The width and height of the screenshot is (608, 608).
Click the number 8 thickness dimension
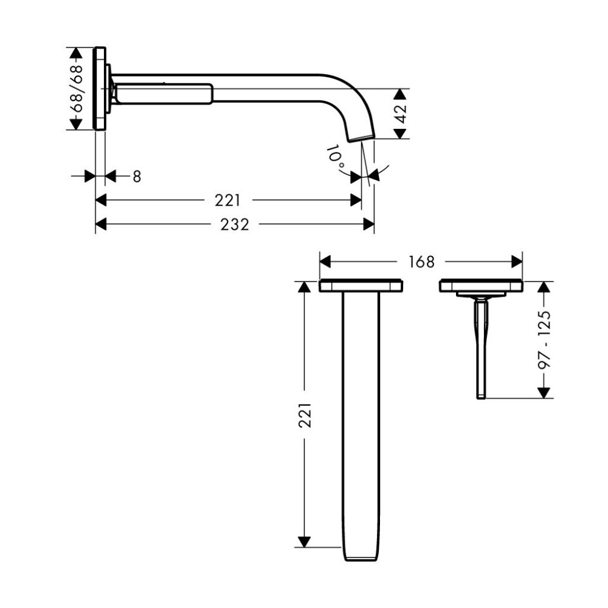point(137,176)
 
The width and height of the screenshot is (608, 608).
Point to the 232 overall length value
point(235,224)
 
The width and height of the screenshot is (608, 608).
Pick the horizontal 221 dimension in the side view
point(227,201)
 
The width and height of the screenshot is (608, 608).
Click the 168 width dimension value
point(421,262)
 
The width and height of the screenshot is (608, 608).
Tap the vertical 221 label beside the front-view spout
point(305,415)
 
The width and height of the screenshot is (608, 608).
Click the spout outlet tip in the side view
point(361,138)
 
